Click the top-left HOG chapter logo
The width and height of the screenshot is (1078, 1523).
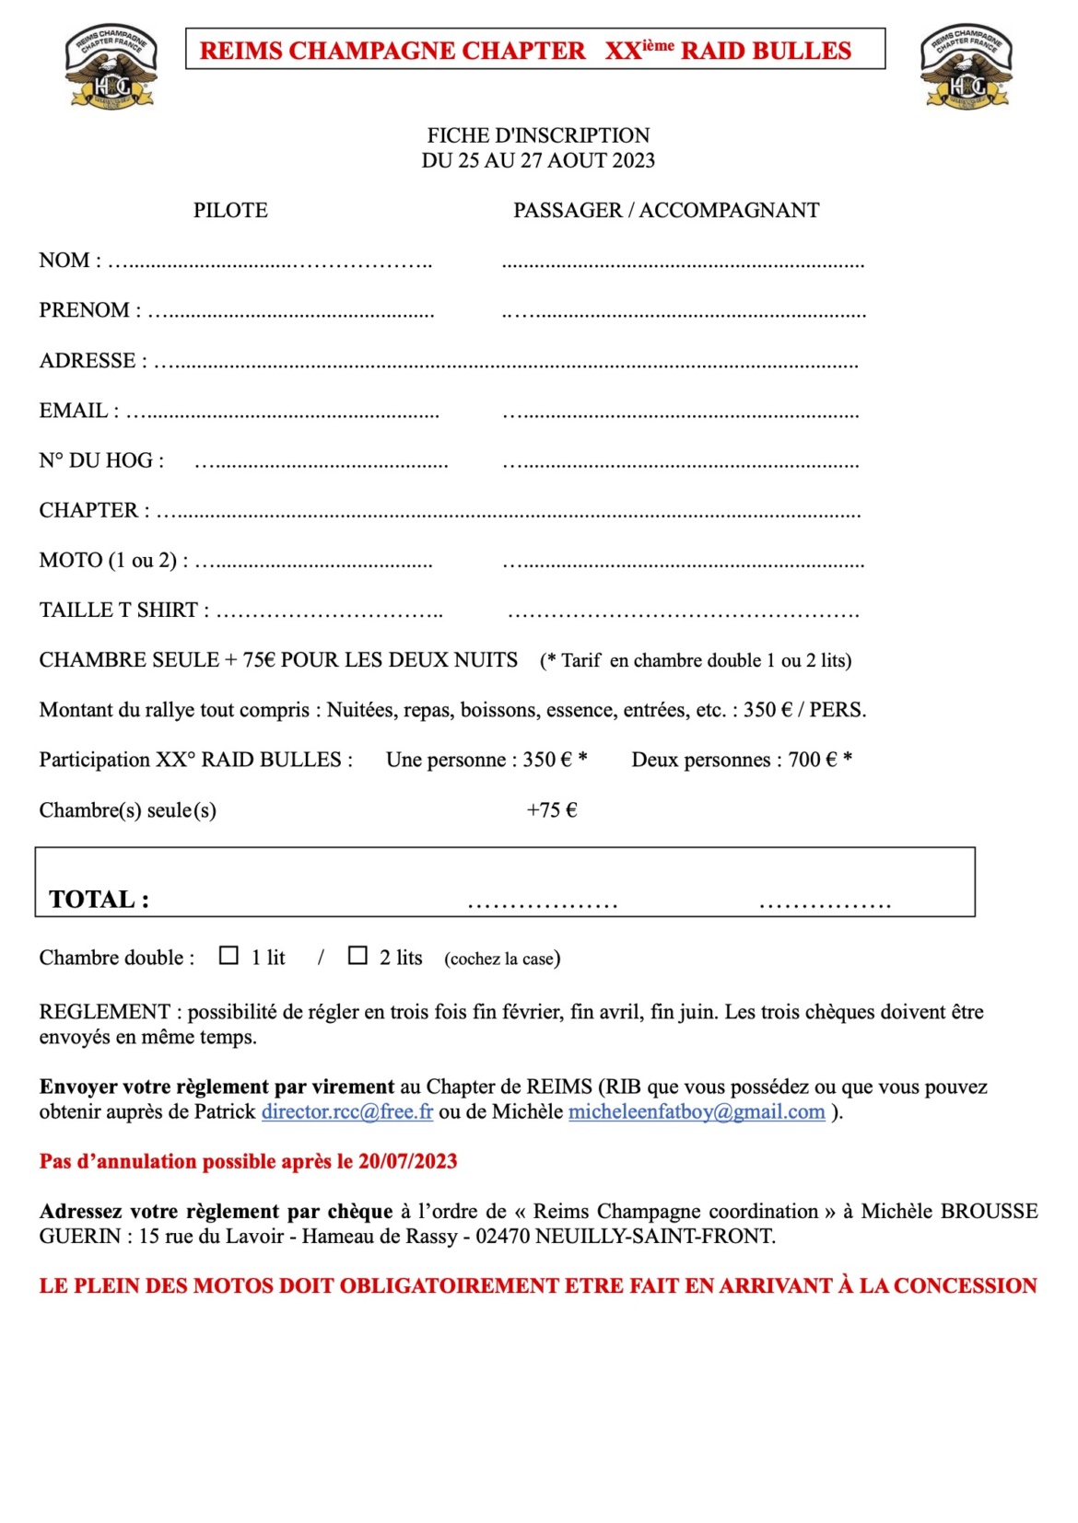point(111,67)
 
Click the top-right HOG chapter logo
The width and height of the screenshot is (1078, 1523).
point(966,67)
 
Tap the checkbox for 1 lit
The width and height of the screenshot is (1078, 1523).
point(228,956)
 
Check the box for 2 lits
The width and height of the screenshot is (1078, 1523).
point(357,956)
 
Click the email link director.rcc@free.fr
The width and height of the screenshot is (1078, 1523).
point(346,1111)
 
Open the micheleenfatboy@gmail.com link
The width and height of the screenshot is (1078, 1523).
point(697,1111)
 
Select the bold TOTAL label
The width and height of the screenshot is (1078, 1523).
point(99,899)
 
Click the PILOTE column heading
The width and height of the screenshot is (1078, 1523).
point(230,210)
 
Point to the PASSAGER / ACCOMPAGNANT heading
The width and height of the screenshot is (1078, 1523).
point(666,210)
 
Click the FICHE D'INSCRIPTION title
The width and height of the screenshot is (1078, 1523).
point(538,135)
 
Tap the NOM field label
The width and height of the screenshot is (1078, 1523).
point(64,261)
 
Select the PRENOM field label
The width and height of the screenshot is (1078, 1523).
point(85,310)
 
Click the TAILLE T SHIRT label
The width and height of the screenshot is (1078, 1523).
point(119,610)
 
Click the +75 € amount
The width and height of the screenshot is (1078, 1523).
point(552,810)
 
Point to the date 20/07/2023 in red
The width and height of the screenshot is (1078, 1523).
point(408,1161)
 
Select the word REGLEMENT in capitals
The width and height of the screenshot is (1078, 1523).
point(104,1012)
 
